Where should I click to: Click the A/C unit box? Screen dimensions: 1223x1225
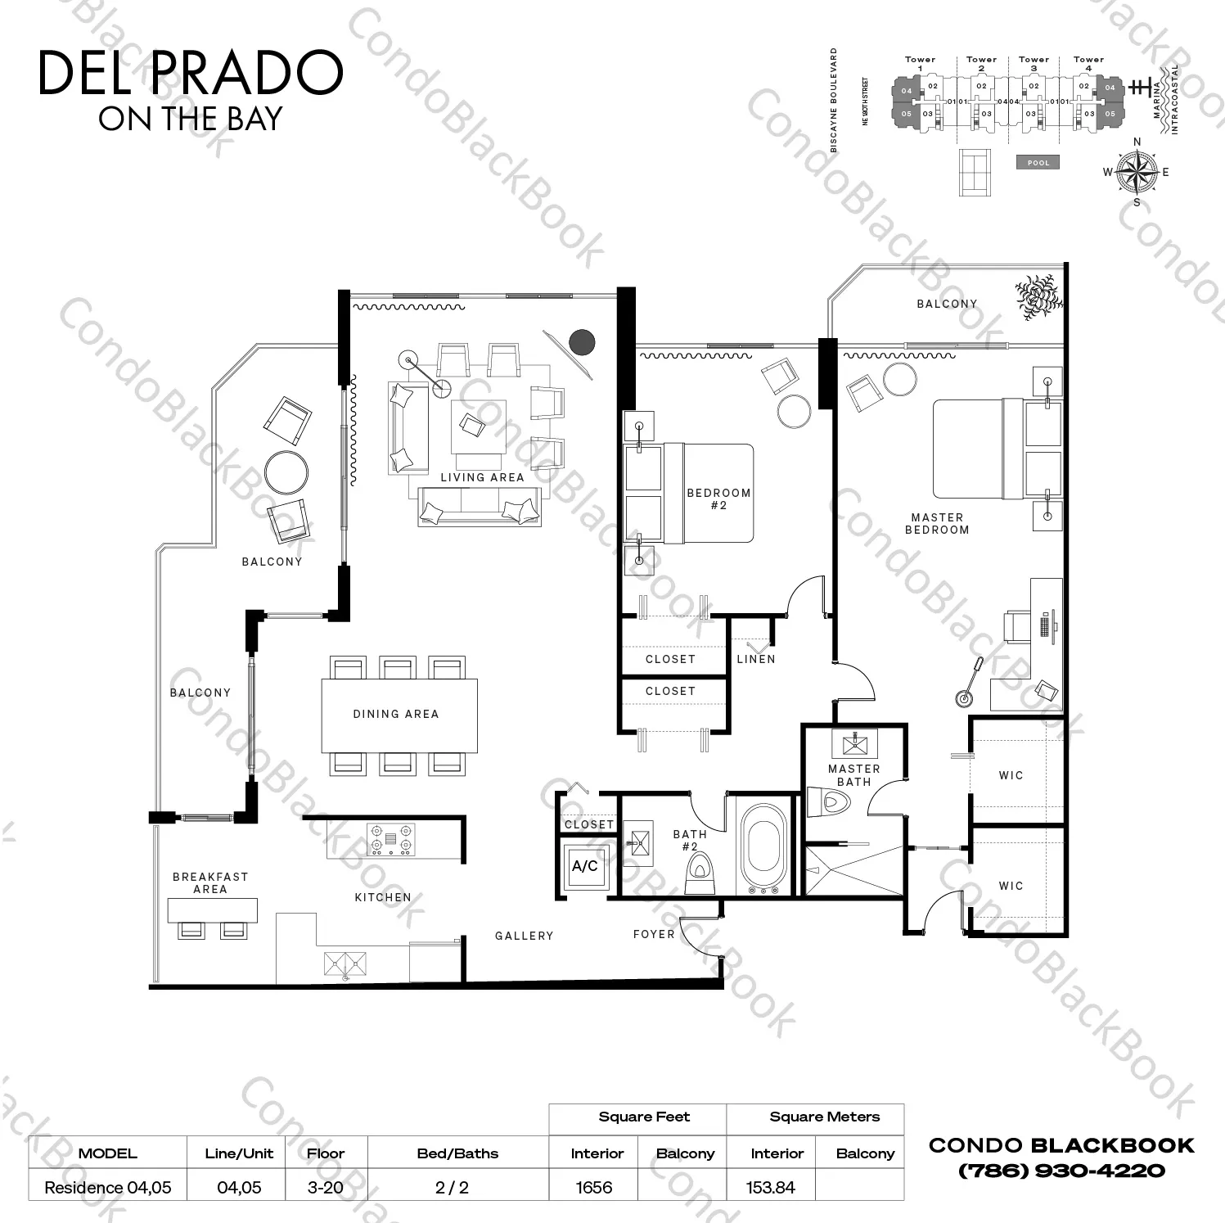(584, 866)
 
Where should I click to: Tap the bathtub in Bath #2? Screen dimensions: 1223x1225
(762, 848)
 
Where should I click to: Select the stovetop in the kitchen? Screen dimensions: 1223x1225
(390, 838)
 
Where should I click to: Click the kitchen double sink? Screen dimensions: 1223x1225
(345, 964)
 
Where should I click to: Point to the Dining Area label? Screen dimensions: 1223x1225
(396, 714)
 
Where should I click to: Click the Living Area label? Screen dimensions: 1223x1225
(482, 477)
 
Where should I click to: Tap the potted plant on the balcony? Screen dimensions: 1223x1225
(1038, 296)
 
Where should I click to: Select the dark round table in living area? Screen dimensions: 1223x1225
(582, 341)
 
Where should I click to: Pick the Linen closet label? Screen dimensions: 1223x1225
(755, 659)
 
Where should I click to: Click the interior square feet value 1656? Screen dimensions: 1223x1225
(594, 1187)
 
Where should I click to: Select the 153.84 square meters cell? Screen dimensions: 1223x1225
(771, 1187)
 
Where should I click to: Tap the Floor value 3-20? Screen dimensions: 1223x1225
(325, 1187)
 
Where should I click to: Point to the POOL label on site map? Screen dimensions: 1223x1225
(1038, 163)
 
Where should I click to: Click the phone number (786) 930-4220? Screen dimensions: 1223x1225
(1061, 1171)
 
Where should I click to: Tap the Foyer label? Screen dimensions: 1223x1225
(654, 934)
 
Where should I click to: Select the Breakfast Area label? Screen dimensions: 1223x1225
(210, 882)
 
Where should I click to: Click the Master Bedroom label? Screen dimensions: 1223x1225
(937, 523)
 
